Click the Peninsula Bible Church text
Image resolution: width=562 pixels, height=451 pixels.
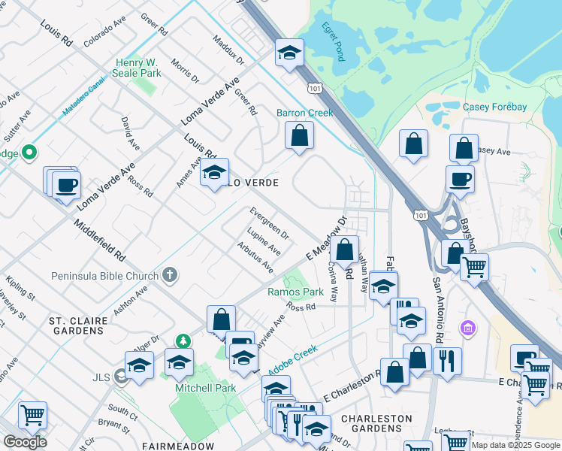[x=105, y=276]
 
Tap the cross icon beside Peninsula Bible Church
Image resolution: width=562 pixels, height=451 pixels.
[x=171, y=275]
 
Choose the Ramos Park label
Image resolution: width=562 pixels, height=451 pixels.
[x=295, y=292]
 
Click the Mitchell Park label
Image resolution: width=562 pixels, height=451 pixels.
[x=206, y=388]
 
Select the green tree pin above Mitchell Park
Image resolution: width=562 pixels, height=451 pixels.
[x=181, y=343]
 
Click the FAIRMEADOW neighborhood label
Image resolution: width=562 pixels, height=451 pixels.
[x=177, y=445]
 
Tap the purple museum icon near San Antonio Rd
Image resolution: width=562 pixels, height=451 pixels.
[x=470, y=328]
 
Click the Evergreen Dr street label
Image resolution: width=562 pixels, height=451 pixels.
[x=269, y=223]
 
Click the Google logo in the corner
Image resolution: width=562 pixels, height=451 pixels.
[x=25, y=442]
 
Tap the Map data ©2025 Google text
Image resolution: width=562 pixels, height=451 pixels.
[x=515, y=445]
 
